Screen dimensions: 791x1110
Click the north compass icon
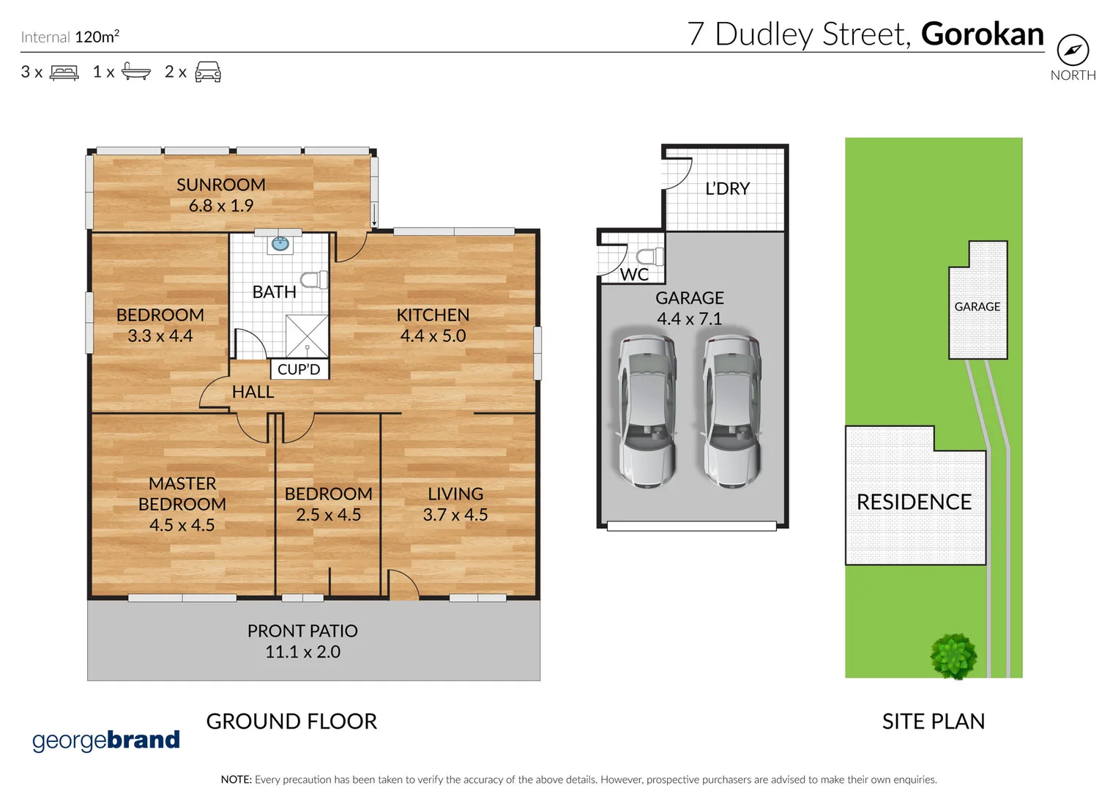click(1073, 51)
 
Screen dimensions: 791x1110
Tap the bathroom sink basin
click(280, 243)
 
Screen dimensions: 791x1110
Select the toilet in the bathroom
click(314, 280)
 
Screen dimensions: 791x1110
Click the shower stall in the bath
click(307, 336)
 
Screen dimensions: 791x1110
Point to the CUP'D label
click(299, 369)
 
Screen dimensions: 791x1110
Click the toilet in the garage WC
click(649, 256)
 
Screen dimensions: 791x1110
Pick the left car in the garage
click(647, 409)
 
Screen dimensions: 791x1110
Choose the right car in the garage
click(731, 409)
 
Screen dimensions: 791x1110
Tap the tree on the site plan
click(953, 656)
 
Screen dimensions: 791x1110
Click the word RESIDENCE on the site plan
click(914, 502)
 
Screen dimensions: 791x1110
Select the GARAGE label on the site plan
click(977, 307)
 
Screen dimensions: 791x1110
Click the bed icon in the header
click(64, 73)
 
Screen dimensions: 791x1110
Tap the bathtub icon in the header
click(136, 71)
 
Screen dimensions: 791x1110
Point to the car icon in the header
click(208, 72)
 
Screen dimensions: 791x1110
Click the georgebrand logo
click(106, 740)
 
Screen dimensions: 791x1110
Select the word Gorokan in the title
click(982, 34)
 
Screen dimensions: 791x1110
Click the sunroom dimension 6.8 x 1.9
click(221, 206)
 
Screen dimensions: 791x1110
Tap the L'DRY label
click(727, 189)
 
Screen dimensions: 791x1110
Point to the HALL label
click(253, 393)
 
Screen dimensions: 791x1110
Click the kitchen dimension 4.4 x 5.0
click(433, 336)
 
